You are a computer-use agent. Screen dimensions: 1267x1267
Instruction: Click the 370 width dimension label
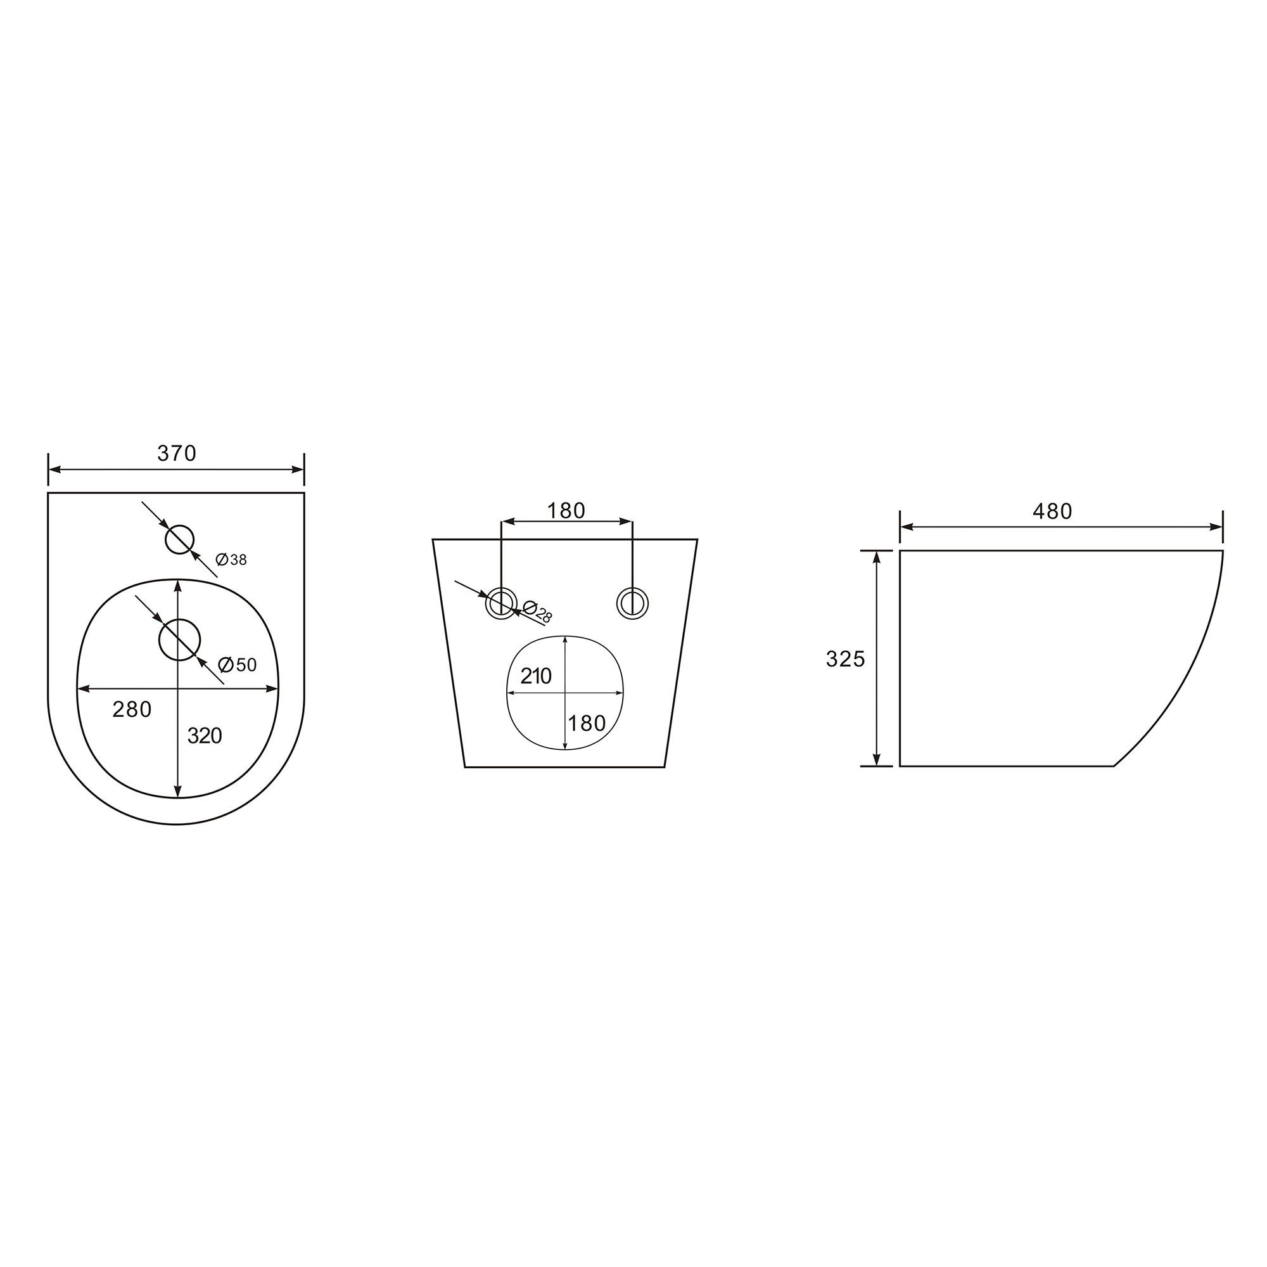[x=176, y=453]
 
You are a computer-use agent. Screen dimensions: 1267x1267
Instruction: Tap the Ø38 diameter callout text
[x=231, y=560]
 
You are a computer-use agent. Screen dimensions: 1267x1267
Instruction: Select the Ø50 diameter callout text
[x=238, y=665]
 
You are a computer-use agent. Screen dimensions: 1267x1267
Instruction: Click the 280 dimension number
[x=132, y=709]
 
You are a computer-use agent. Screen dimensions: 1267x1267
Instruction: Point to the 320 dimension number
[x=205, y=735]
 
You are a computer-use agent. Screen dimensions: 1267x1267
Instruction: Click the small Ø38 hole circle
[x=179, y=539]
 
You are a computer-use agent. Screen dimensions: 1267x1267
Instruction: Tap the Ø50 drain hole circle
[x=179, y=640]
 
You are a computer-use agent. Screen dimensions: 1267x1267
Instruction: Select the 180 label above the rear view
[x=566, y=510]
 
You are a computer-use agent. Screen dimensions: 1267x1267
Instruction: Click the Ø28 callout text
[x=538, y=612]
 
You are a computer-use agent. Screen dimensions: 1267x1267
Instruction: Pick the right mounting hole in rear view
[x=632, y=603]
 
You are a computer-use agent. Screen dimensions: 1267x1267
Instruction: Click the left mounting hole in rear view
[x=501, y=603]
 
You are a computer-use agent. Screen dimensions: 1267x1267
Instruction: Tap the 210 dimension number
[x=536, y=676]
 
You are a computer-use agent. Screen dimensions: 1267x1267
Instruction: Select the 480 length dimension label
[x=1052, y=511]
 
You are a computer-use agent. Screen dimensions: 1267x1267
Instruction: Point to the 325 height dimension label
[x=845, y=659]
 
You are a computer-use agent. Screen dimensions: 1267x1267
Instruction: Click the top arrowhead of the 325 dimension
[x=876, y=557]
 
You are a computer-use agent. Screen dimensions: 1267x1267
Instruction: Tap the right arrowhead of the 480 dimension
[x=1216, y=527]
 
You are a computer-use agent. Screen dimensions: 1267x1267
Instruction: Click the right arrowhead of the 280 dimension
[x=272, y=688]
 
